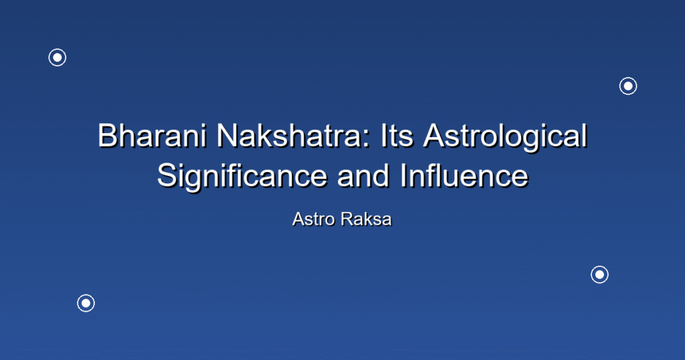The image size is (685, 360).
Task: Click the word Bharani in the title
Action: (x=152, y=135)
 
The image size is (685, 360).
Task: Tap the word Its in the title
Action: (x=397, y=135)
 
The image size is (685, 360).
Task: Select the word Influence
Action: (x=464, y=175)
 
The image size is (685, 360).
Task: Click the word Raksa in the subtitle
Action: (x=367, y=219)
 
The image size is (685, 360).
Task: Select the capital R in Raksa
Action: (x=347, y=219)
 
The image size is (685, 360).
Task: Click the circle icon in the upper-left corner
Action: (x=58, y=58)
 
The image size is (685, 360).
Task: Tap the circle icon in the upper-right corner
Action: (x=628, y=86)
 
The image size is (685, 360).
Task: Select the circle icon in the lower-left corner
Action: (x=86, y=303)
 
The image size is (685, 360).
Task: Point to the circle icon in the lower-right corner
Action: (x=600, y=275)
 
